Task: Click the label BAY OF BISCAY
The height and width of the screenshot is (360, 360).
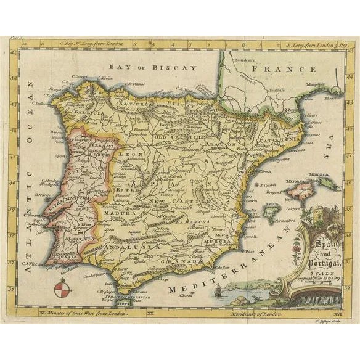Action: [x=152, y=67]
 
